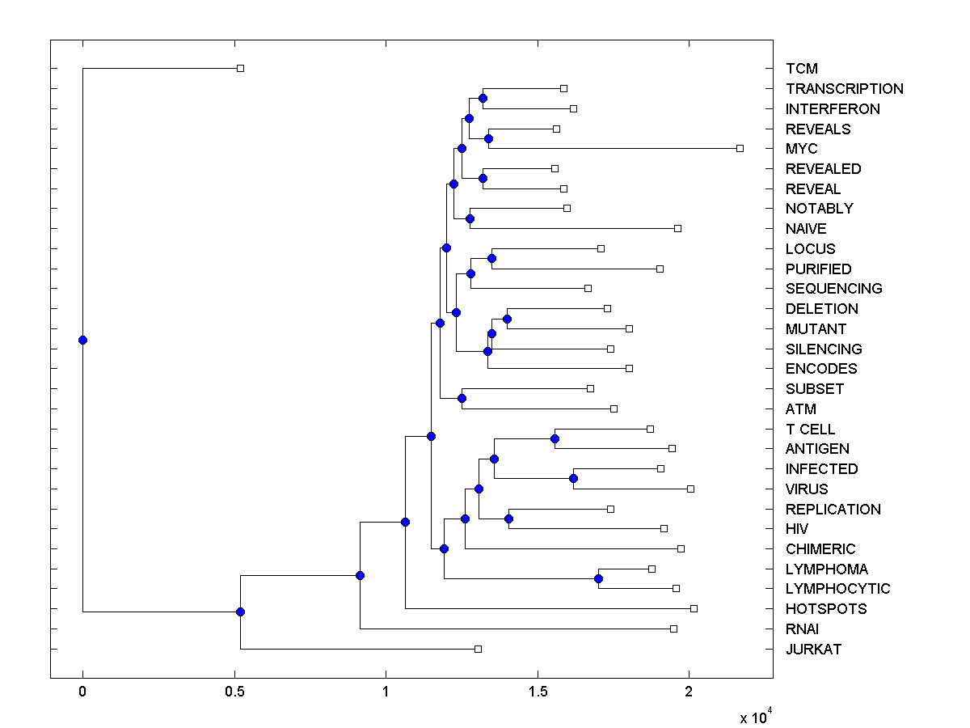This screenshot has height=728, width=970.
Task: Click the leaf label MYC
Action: [801, 149]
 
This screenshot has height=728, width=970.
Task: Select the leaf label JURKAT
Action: [813, 650]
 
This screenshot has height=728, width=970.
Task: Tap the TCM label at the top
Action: [801, 70]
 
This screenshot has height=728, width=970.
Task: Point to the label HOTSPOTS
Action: [826, 609]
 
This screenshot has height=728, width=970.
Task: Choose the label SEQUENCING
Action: [833, 289]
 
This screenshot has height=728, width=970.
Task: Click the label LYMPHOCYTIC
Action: [837, 589]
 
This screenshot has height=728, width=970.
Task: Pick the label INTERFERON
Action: [833, 109]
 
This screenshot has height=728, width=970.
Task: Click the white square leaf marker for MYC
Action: [740, 148]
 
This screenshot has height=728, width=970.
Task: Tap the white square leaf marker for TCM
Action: [240, 68]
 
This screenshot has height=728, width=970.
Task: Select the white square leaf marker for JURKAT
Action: [478, 649]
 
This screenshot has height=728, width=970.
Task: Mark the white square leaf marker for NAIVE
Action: [677, 228]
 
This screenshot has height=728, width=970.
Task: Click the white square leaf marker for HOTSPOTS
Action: [694, 608]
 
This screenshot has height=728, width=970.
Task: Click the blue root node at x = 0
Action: [82, 340]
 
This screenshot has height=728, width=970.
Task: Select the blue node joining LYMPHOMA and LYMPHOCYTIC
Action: [598, 578]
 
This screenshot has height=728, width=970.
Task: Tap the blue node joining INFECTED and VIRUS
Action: [573, 478]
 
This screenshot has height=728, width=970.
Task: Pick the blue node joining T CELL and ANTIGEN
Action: [555, 438]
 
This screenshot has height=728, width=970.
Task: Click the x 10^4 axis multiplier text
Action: [757, 716]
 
